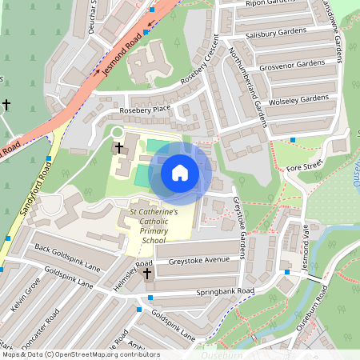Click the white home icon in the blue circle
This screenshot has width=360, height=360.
[180, 173]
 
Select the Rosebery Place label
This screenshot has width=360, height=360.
[145, 108]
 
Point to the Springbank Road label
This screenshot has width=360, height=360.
[227, 290]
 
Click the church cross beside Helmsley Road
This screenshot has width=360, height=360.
[147, 274]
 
